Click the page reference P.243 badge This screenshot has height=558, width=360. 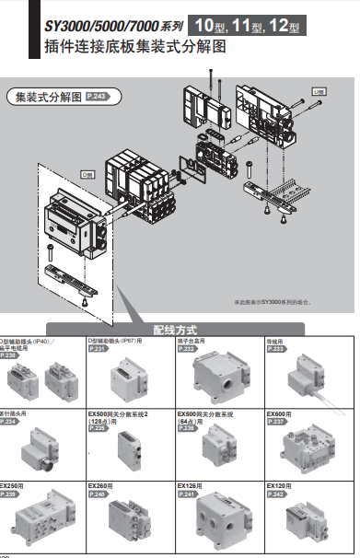(x=99, y=96)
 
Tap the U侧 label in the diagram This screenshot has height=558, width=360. (x=319, y=91)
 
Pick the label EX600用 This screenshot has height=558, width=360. (x=279, y=414)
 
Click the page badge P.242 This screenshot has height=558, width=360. (x=275, y=494)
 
